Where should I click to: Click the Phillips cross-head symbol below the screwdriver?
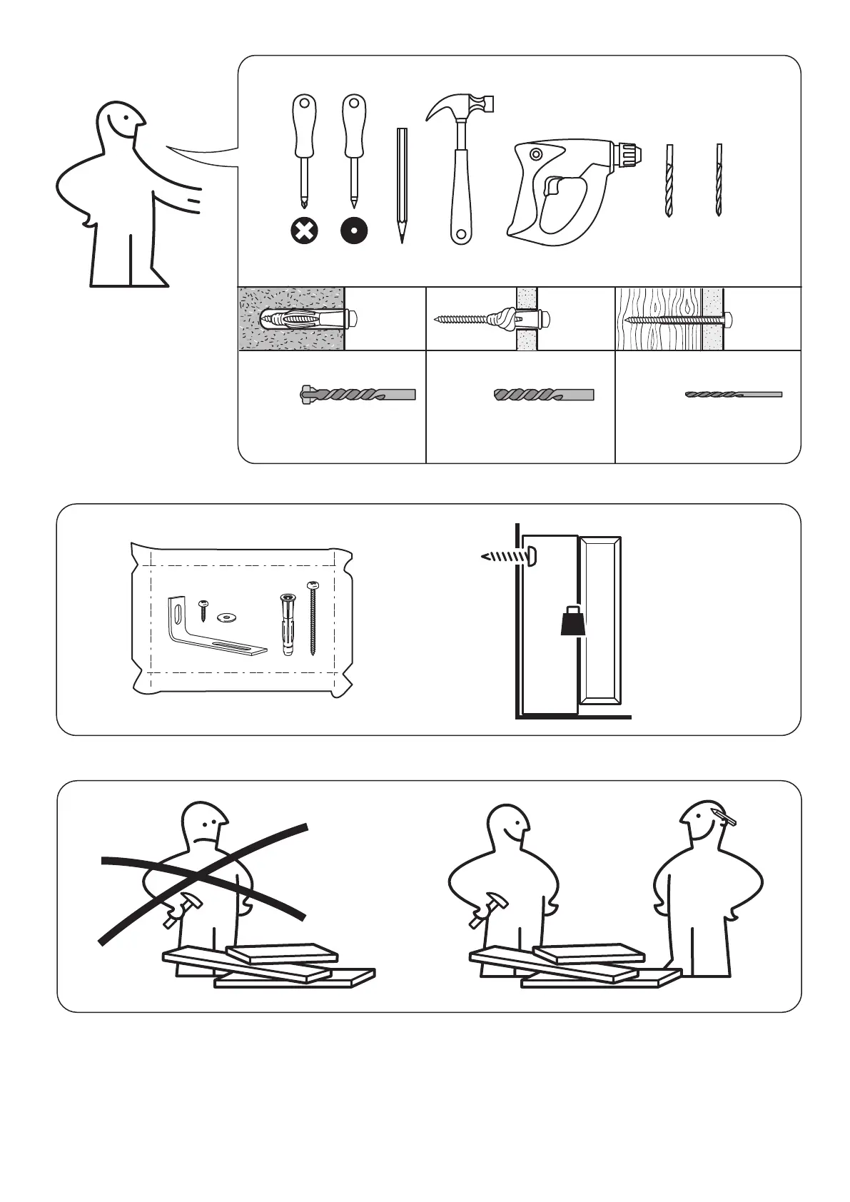305,231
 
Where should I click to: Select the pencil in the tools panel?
402,186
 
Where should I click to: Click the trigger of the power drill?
552,187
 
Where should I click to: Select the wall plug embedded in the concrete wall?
307,318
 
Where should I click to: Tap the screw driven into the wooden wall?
678,319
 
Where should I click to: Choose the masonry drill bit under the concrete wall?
357,394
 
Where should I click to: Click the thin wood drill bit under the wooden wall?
734,394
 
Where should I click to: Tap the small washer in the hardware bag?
228,616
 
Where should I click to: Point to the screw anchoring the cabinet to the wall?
508,556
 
